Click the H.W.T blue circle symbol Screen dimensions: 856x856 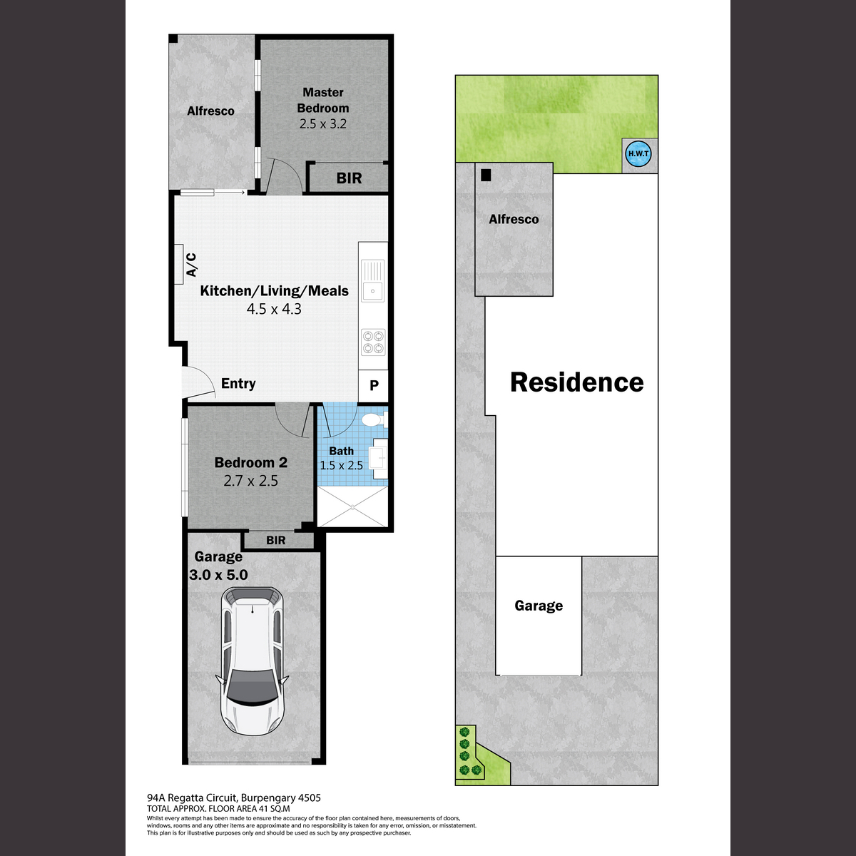pos(638,154)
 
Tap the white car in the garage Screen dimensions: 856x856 pos(252,661)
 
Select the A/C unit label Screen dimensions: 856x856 pos(191,265)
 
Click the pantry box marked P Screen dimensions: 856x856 pos(374,385)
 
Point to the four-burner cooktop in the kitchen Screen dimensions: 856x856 pos(373,342)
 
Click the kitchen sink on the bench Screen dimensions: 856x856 pos(372,281)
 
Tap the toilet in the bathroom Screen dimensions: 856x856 pos(374,419)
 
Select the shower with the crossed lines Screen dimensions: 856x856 pos(352,506)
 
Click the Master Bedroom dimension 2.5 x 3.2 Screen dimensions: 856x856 pos(323,124)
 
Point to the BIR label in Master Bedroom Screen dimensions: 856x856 pos(349,178)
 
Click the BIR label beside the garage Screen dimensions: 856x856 pos(276,540)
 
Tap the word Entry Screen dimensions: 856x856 pos(238,383)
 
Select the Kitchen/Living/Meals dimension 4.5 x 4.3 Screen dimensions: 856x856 pos(274,309)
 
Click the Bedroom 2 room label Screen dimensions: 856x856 pos(251,462)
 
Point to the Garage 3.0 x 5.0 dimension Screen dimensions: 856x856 pos(218,575)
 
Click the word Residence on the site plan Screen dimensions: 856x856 pos(577,382)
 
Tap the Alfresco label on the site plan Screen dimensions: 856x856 pos(514,219)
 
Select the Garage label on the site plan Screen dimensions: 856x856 pos(539,606)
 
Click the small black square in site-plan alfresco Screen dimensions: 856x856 pos(486,175)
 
